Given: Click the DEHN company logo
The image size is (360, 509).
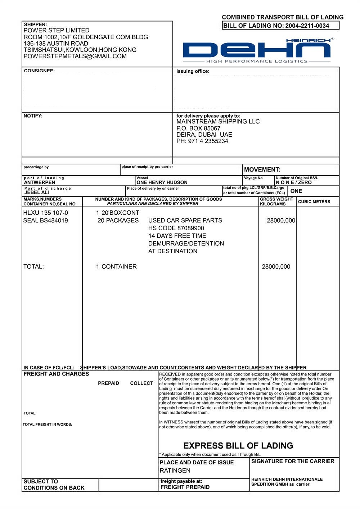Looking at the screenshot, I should tap(256, 50).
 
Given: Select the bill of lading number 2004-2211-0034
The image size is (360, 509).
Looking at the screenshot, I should tap(307, 26).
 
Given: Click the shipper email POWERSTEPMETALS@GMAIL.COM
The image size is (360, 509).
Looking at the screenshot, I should tap(75, 56).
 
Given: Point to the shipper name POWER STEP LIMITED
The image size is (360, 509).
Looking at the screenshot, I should tap(56, 31).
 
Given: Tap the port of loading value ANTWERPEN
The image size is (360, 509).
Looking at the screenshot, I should tap(40, 182).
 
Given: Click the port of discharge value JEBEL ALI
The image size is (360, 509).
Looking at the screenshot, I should tap(37, 192).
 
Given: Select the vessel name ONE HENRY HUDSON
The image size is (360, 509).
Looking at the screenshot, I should tap(162, 182).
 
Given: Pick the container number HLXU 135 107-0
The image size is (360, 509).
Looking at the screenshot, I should tap(45, 213).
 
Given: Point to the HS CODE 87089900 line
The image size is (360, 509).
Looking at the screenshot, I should tap(176, 228).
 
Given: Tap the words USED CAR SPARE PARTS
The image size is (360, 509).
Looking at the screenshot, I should tap(185, 221).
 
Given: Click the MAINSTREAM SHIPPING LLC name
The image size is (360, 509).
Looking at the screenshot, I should tap(218, 122).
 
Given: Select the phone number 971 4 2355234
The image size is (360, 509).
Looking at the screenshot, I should tap(208, 141).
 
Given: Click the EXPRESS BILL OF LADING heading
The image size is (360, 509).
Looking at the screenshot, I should tap(238, 446).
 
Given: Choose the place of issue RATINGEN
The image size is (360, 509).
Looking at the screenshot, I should tap(175, 471).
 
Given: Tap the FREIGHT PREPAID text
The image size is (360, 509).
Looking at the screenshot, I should tap(185, 487).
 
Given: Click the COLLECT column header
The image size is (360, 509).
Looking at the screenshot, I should tap(141, 383).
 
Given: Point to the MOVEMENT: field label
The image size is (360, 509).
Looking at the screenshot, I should tap(262, 170).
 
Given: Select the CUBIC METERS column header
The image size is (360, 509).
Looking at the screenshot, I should tap(314, 202).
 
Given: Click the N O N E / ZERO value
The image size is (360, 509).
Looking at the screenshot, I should tap(294, 182).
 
